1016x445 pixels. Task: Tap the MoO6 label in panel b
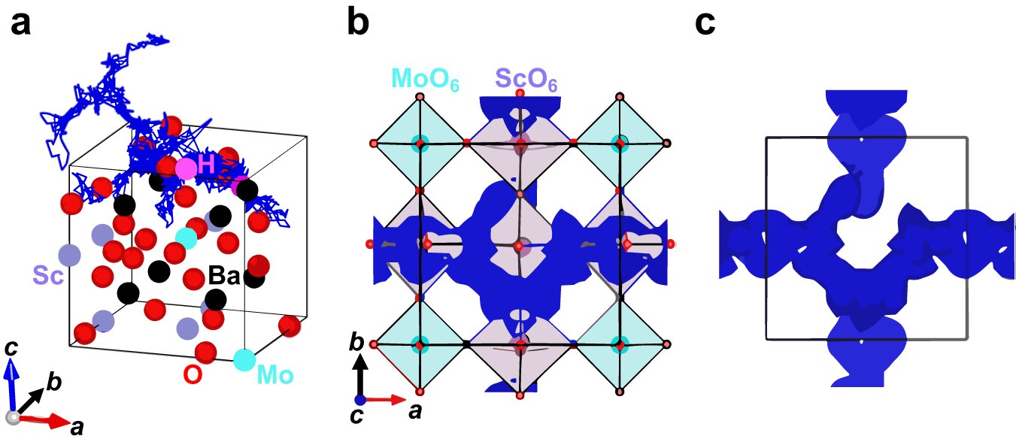414,79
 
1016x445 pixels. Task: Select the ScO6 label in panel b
526,79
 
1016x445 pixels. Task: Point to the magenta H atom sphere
186,168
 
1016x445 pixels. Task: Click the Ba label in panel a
223,277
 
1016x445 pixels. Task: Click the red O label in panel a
193,374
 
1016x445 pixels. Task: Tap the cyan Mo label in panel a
275,374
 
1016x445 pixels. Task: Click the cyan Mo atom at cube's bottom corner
243,359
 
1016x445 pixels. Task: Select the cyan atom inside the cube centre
186,239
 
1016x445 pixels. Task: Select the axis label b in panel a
53,383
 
